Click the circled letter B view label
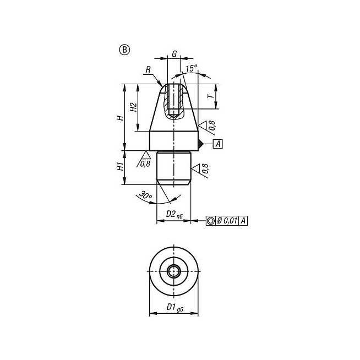[124, 50]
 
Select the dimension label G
[174, 54]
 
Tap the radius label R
[148, 69]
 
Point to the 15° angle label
[192, 68]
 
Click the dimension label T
[211, 96]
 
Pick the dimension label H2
[133, 107]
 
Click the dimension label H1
[120, 166]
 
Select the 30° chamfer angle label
[145, 195]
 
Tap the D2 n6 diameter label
[174, 215]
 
